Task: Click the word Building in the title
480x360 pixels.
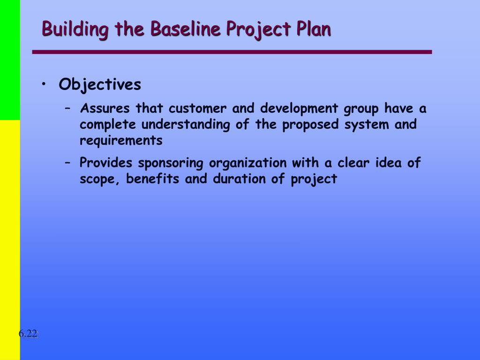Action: click(x=75, y=29)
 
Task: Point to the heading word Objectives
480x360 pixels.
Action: click(x=100, y=84)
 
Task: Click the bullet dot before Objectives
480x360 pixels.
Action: click(x=44, y=83)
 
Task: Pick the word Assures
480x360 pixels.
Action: click(x=105, y=108)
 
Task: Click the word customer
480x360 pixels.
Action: click(x=197, y=109)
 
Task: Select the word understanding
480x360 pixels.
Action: click(x=186, y=125)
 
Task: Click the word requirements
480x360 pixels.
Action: click(x=121, y=141)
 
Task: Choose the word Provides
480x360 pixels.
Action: click(x=105, y=163)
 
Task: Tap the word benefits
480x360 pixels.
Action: click(x=152, y=179)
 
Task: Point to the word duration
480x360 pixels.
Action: click(x=240, y=179)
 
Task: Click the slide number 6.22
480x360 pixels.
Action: click(x=29, y=333)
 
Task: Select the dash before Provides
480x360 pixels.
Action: click(x=68, y=163)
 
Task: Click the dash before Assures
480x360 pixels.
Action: click(x=68, y=109)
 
